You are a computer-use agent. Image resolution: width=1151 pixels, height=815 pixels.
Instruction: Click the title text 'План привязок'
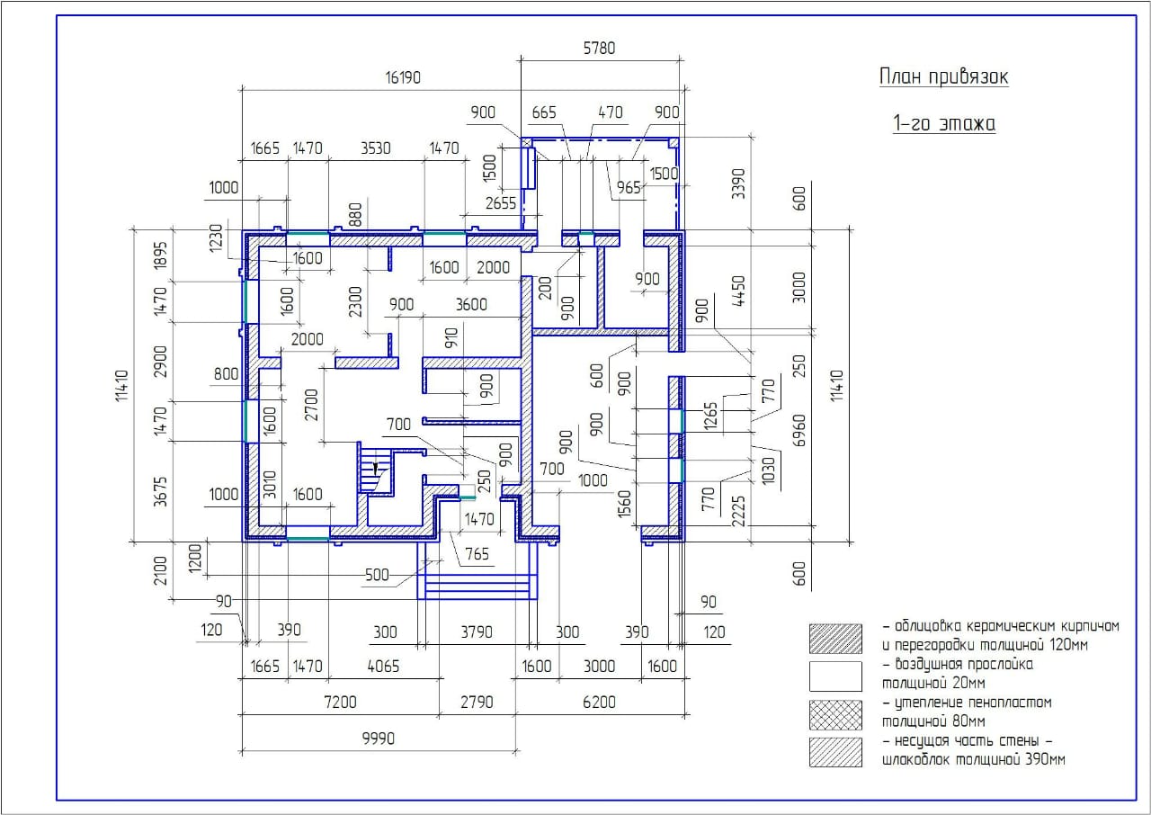[x=943, y=77]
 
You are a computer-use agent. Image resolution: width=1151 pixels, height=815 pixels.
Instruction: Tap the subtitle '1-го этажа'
[x=944, y=124]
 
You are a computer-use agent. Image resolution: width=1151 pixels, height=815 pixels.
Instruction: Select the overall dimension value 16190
[x=403, y=77]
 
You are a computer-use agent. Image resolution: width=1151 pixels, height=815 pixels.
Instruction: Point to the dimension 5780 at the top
[x=599, y=49]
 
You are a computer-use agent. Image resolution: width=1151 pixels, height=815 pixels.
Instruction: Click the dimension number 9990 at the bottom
[x=379, y=739]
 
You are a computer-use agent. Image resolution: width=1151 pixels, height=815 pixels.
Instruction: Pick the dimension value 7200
[x=340, y=702]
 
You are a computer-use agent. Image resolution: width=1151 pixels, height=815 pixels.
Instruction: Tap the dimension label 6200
[x=599, y=702]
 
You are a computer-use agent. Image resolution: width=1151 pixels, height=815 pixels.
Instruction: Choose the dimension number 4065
[x=383, y=667]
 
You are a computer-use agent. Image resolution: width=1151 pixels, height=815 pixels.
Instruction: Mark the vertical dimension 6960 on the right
[x=799, y=431]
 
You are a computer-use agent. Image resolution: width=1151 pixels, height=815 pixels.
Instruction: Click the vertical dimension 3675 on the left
[x=161, y=492]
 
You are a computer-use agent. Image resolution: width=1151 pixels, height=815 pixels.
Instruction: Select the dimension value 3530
[x=376, y=148]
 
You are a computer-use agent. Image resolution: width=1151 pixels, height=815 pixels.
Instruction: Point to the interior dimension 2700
[x=312, y=405]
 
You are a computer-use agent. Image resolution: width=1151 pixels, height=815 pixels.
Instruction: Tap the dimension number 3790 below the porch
[x=477, y=632]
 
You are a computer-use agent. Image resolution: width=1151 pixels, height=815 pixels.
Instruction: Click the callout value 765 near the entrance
[x=477, y=554]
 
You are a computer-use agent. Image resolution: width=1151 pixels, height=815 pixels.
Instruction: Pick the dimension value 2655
[x=501, y=203]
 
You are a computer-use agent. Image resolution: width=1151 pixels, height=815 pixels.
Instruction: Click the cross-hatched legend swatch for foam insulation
[x=835, y=715]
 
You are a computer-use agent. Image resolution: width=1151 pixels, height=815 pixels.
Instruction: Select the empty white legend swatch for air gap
[x=835, y=676]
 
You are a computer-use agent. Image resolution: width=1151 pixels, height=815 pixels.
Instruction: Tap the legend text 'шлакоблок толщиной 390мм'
[x=974, y=760]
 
